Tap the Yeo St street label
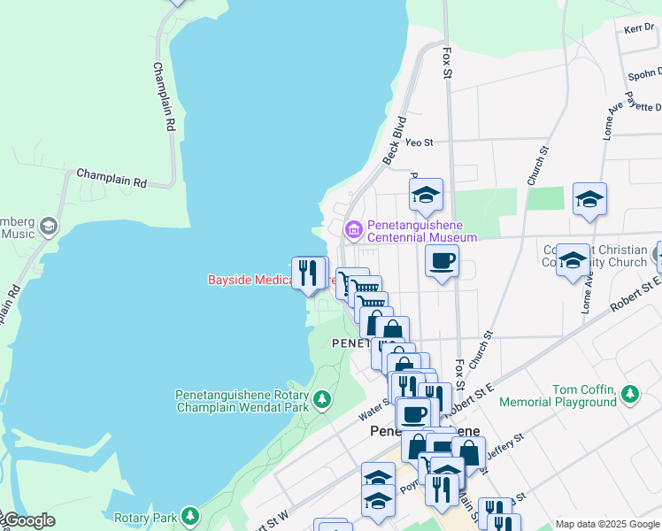(x=419, y=142)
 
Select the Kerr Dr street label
(x=638, y=28)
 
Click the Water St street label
(x=374, y=408)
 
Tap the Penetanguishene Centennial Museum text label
(x=421, y=231)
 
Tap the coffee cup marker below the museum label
(x=442, y=261)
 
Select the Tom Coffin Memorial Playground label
(x=584, y=396)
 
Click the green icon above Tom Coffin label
(x=629, y=392)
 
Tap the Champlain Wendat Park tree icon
(x=322, y=399)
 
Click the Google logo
(x=28, y=520)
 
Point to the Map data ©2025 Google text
(x=607, y=524)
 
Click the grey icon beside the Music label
(x=48, y=227)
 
